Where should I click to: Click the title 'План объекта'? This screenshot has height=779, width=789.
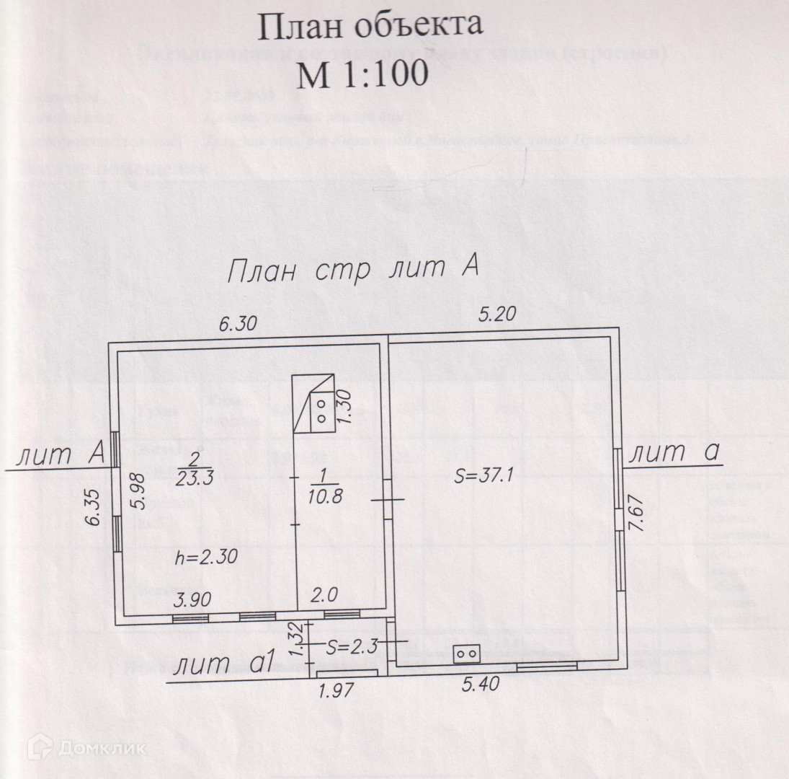coord(370,27)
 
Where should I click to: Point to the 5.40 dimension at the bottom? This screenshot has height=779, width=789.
coord(480,682)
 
